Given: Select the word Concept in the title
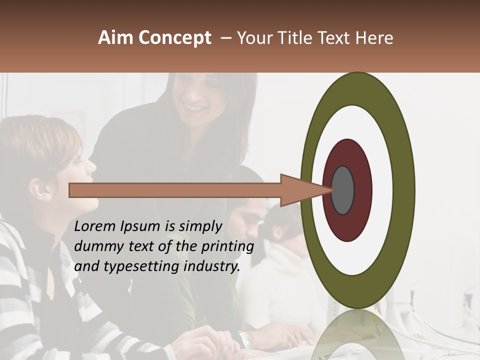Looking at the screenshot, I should [x=174, y=38].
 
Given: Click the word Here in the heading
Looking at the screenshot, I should [x=374, y=38].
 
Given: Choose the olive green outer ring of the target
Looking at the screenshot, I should [x=405, y=190].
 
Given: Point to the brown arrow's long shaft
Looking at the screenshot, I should [x=175, y=190].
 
